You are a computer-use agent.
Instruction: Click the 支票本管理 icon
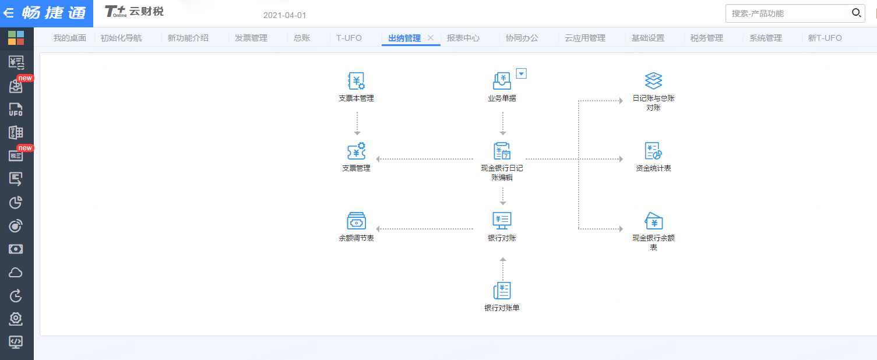(356, 80)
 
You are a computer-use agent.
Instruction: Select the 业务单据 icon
(502, 80)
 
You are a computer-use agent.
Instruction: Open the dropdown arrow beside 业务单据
(521, 73)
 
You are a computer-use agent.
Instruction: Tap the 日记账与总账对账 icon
(653, 80)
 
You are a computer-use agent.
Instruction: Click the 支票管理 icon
(356, 151)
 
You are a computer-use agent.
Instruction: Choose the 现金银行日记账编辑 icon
(502, 151)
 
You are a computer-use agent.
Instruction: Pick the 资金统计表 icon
(653, 151)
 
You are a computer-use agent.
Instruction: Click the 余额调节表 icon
(356, 221)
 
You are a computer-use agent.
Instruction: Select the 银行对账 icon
(502, 221)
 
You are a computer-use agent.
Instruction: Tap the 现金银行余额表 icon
(653, 221)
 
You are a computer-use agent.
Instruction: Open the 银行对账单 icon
(502, 291)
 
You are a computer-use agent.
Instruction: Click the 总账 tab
(302, 38)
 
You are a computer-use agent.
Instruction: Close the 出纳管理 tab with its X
(431, 37)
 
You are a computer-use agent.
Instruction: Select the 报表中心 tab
(463, 38)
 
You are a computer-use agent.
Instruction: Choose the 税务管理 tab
(707, 38)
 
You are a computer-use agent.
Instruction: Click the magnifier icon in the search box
(856, 13)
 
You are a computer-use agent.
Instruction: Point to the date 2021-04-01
(284, 15)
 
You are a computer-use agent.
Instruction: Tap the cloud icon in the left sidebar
(16, 273)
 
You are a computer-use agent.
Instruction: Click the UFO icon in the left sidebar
(16, 109)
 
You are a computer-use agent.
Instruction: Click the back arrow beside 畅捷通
(8, 13)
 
